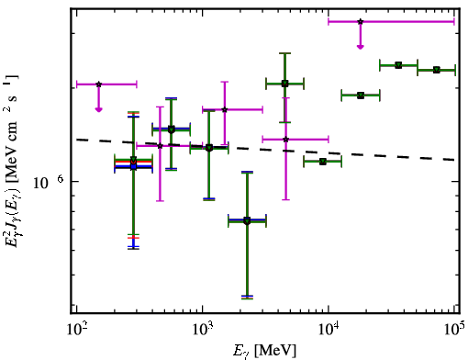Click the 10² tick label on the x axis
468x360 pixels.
pyautogui.click(x=76, y=331)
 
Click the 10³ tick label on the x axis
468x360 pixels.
pyautogui.click(x=202, y=331)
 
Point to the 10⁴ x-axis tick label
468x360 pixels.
pyautogui.click(x=329, y=331)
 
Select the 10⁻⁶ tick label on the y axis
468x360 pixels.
pyautogui.click(x=49, y=182)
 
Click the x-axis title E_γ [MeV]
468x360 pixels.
pyautogui.click(x=265, y=351)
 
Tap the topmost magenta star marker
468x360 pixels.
pyautogui.click(x=361, y=22)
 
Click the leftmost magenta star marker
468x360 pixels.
pyautogui.click(x=98, y=84)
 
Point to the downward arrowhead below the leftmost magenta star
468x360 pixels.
pyautogui.click(x=98, y=109)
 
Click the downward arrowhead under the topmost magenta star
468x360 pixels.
pyautogui.click(x=361, y=47)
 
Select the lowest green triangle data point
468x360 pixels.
pyautogui.click(x=247, y=220)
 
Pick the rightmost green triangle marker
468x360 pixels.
pyautogui.click(x=437, y=70)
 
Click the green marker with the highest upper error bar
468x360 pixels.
pyautogui.click(x=284, y=84)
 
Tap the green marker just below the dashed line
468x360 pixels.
pyautogui.click(x=323, y=162)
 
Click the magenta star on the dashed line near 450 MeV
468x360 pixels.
pyautogui.click(x=160, y=146)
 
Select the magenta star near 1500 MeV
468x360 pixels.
pyautogui.click(x=225, y=109)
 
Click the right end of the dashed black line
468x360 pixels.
pyautogui.click(x=454, y=160)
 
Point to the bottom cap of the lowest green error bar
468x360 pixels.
pyautogui.click(x=247, y=298)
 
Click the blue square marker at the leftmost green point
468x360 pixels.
pyautogui.click(x=133, y=166)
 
